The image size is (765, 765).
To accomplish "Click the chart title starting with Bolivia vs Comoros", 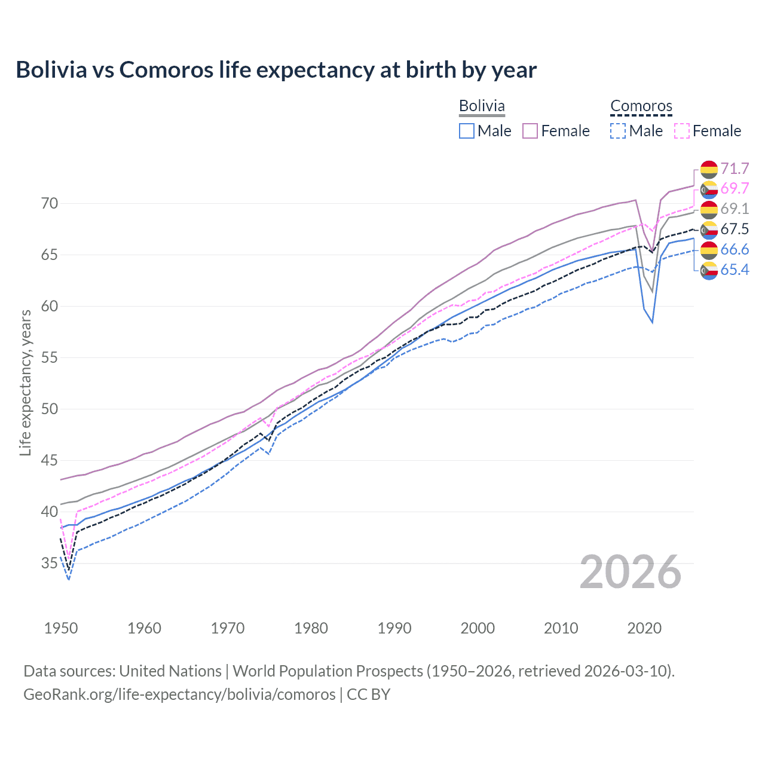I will pos(276,70).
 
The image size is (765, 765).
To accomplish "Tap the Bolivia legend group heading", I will pos(482,106).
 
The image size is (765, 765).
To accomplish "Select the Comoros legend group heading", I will pos(641,106).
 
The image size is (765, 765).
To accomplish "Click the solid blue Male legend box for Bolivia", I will pos(467,131).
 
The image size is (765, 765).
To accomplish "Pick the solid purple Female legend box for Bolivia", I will pos(530,131).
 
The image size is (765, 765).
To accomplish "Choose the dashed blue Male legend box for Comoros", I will pos(619,131).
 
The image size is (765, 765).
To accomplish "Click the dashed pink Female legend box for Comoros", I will pos(682,131).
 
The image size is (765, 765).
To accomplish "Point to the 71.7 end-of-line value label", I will pos(735,169).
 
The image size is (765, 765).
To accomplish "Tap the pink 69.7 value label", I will pos(735,189).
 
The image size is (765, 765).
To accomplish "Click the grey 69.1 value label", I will pos(735,209).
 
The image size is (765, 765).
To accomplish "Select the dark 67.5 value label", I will pos(735,229).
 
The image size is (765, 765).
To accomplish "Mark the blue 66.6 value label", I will pos(735,250).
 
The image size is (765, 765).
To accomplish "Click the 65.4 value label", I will pos(735,270).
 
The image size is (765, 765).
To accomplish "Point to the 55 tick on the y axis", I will pos(50,358).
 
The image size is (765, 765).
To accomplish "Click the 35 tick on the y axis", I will pos(50,564).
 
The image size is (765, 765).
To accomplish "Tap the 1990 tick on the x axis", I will pos(394,628).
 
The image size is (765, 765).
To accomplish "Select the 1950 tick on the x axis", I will pos(61,628).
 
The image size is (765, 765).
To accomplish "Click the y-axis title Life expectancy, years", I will pos(25,382).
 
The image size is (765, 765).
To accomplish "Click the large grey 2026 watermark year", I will pos(631,572).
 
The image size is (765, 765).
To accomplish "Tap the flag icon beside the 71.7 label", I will pos(709,169).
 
